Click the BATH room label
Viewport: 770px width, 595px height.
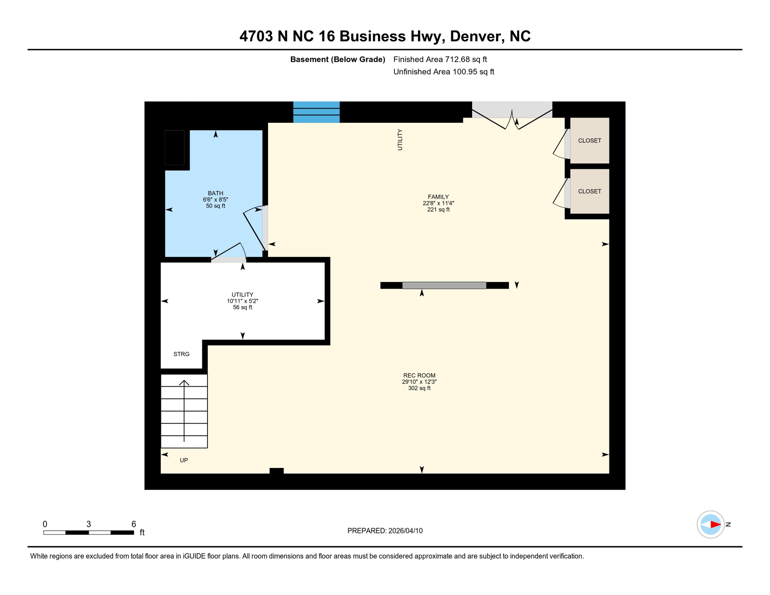tap(215, 193)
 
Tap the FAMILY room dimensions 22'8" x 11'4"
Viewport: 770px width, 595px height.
tap(438, 203)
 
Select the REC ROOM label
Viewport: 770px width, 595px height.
tap(419, 375)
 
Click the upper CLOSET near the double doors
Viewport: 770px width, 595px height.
tap(589, 141)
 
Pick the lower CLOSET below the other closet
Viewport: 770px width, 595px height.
tap(589, 191)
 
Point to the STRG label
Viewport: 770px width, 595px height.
tap(181, 354)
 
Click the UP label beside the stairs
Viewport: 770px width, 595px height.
tap(184, 460)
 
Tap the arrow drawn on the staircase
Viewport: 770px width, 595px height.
tap(184, 411)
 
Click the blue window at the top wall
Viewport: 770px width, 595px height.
tap(316, 112)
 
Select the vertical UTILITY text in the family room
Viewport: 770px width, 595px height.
tap(400, 140)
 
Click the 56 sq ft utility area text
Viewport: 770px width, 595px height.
tap(242, 308)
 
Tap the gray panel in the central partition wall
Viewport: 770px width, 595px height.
tap(444, 285)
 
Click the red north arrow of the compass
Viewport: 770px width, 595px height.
tap(715, 524)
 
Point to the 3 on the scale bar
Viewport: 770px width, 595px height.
tap(88, 524)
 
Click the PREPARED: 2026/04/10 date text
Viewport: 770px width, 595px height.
tap(385, 531)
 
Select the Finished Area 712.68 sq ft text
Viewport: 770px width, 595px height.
tap(440, 59)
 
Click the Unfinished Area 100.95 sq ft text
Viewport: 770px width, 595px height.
tap(443, 72)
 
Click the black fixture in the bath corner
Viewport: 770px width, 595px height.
tap(175, 148)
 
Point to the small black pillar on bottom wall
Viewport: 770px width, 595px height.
tap(276, 471)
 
